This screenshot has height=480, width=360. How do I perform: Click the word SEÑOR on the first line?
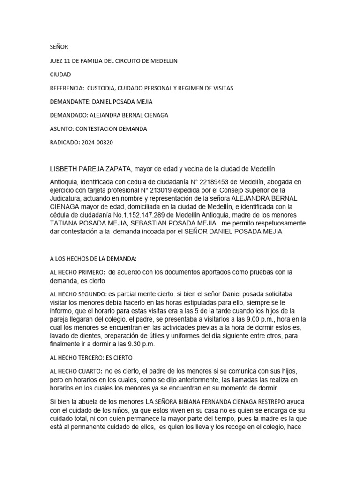(59, 47)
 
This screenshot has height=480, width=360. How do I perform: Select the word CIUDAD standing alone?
(60, 75)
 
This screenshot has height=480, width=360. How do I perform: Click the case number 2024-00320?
(97, 142)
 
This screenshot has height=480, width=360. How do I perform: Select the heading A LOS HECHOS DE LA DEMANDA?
(93, 258)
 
